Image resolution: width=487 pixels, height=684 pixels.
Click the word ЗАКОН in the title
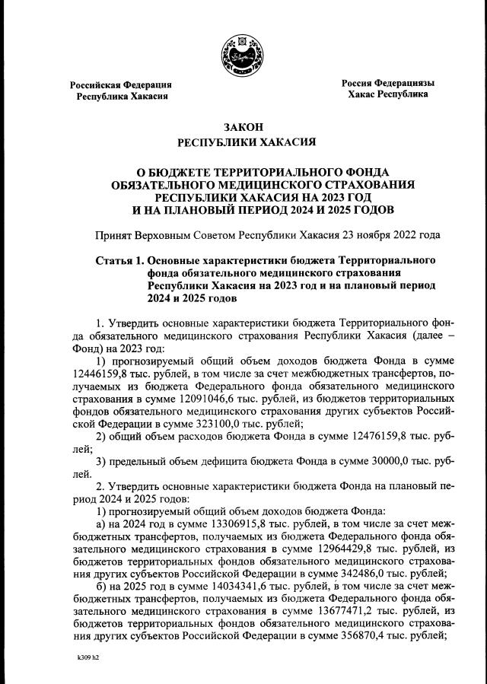(x=243, y=126)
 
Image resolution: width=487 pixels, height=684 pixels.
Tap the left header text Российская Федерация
(x=121, y=84)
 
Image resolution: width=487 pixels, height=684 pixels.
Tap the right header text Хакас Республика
(x=387, y=94)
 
